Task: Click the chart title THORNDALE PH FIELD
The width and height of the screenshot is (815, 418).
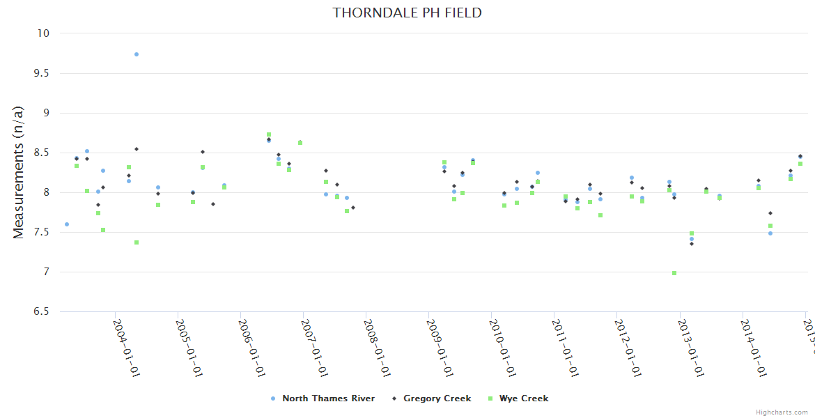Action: (x=407, y=13)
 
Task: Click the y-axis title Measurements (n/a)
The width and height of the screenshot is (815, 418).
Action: (x=19, y=171)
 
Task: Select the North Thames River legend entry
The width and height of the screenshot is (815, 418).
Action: (x=328, y=398)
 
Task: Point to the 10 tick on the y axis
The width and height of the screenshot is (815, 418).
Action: (x=44, y=33)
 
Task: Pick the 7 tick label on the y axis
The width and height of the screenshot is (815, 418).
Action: (x=47, y=272)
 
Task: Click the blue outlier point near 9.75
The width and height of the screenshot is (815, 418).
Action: (x=137, y=54)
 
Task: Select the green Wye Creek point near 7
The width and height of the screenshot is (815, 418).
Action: (x=674, y=273)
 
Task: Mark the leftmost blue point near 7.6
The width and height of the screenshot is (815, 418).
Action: (x=67, y=224)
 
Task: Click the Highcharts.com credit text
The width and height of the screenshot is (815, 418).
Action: (x=782, y=412)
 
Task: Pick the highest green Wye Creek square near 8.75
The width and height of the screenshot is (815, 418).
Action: (x=269, y=134)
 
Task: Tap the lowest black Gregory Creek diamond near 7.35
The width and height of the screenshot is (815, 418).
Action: (x=692, y=244)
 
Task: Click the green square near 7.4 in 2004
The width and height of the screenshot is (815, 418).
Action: (x=137, y=242)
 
